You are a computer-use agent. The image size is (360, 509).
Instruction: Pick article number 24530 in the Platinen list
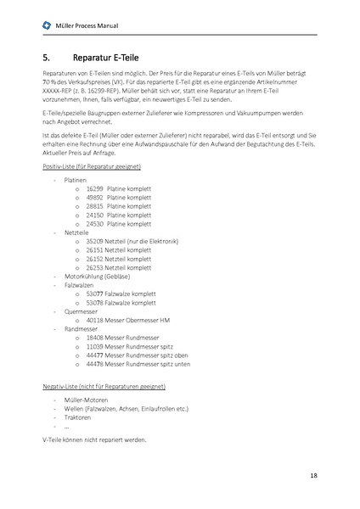pyautogui.click(x=94, y=224)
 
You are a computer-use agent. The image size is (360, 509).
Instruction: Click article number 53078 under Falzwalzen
pyautogui.click(x=94, y=303)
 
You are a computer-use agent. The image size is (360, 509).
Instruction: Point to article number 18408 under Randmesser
pyautogui.click(x=94, y=338)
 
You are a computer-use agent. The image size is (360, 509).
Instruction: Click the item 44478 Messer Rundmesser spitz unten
pyautogui.click(x=138, y=364)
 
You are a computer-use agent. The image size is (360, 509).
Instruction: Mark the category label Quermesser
pyautogui.click(x=81, y=311)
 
